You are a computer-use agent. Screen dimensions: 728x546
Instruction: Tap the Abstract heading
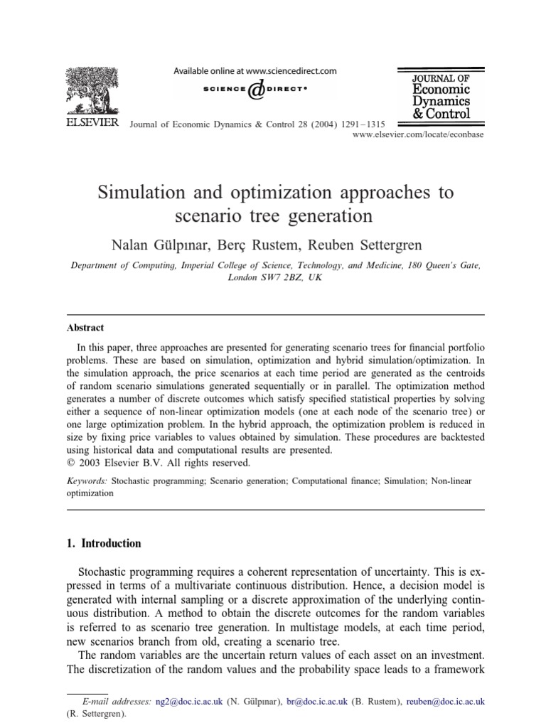coord(85,328)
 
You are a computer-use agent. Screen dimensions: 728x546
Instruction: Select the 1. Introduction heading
coord(104,543)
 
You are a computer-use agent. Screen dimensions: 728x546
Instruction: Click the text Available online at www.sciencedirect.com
coord(255,71)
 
